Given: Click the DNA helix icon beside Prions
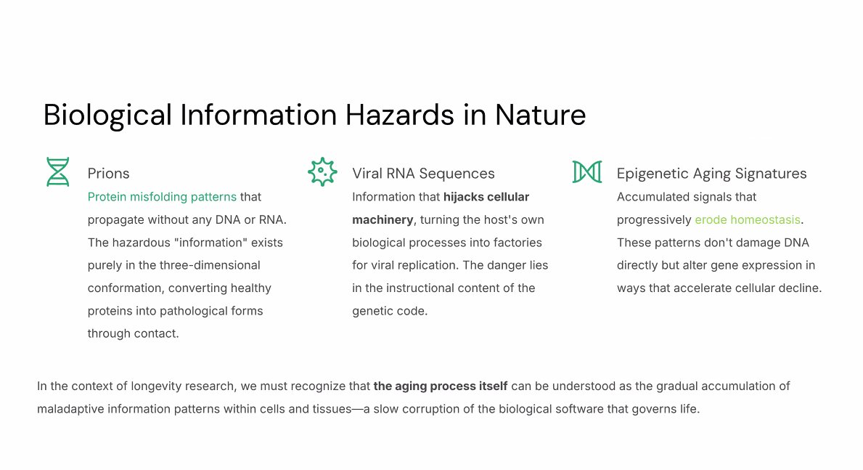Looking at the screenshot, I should [57, 172].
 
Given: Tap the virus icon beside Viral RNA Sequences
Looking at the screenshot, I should [322, 172].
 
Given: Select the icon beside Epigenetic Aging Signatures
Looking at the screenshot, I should [586, 172].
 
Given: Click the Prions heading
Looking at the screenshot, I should [108, 174].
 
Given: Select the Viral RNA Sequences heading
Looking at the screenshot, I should [423, 174].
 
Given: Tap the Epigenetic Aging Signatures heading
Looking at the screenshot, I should [711, 174].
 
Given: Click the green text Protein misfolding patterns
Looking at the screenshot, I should [162, 197].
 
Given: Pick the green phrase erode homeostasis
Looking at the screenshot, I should [747, 220].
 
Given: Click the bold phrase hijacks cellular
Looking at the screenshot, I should [486, 197].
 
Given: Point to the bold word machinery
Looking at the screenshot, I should [383, 220].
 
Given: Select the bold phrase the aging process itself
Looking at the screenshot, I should [441, 386].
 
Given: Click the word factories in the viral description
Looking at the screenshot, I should [519, 243].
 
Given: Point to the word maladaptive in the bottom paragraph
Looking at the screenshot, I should [70, 409].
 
